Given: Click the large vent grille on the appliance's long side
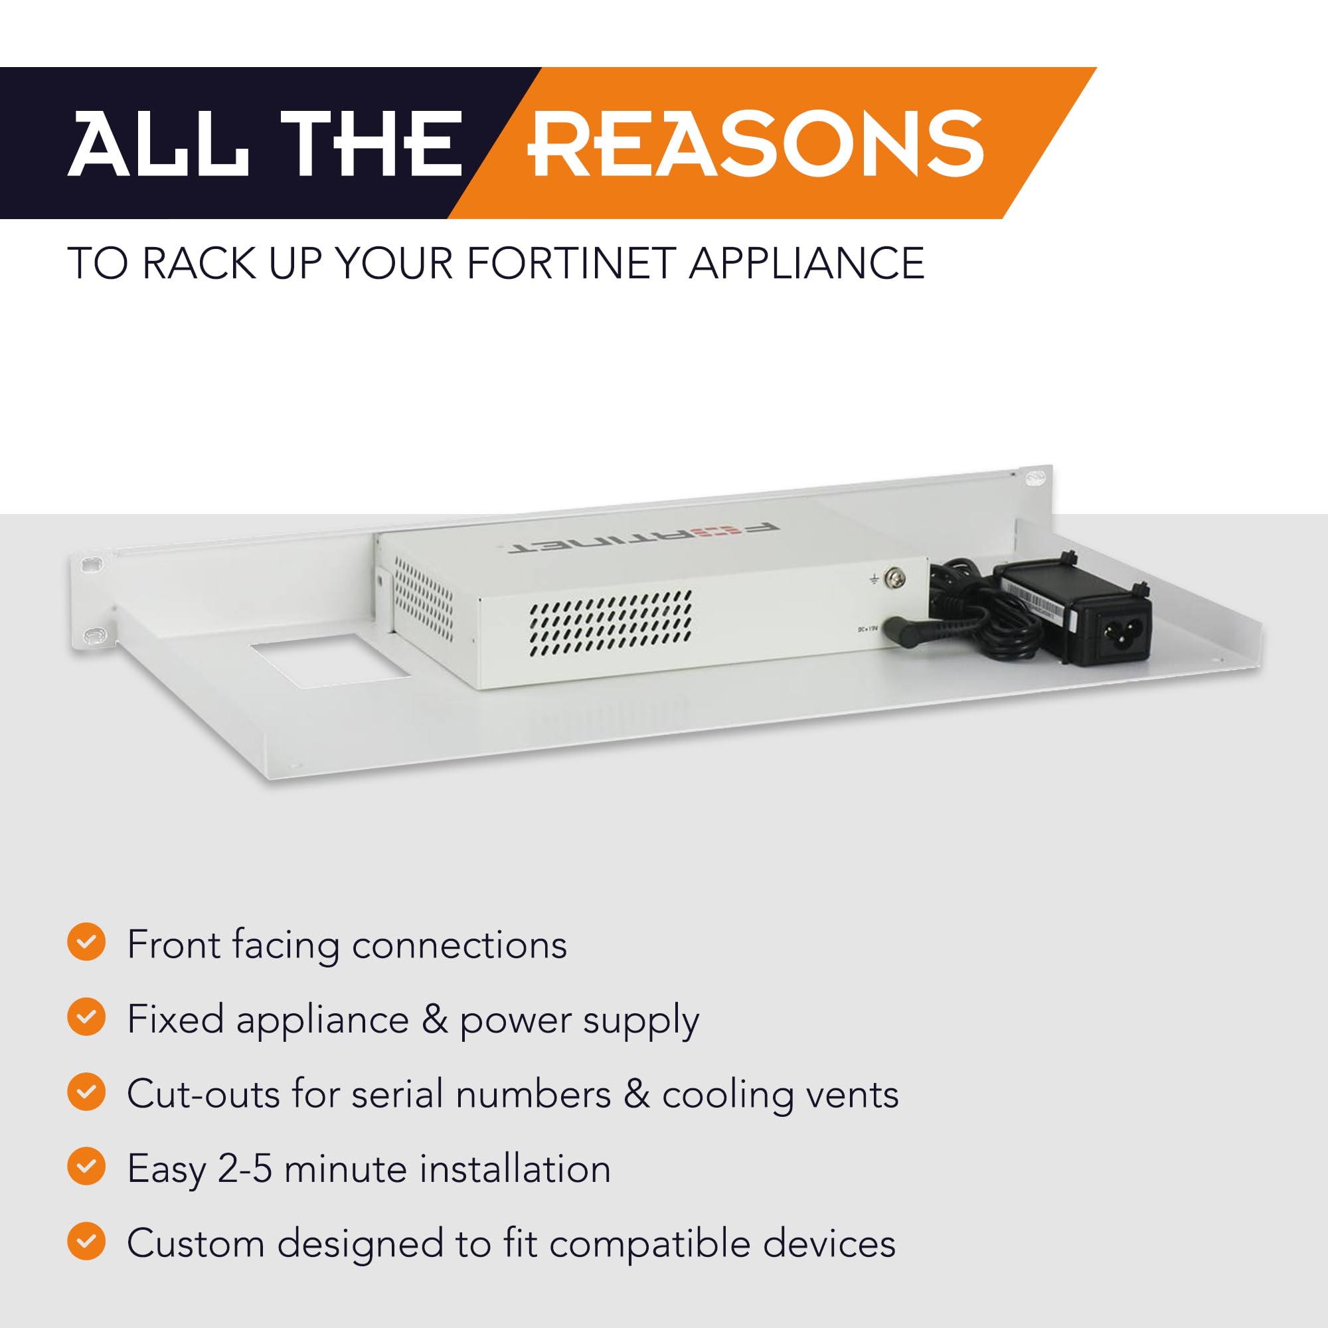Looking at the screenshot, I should point(610,623).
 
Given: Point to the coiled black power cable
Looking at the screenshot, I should point(976,612).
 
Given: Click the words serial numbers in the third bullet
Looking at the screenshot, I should point(481,1094).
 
